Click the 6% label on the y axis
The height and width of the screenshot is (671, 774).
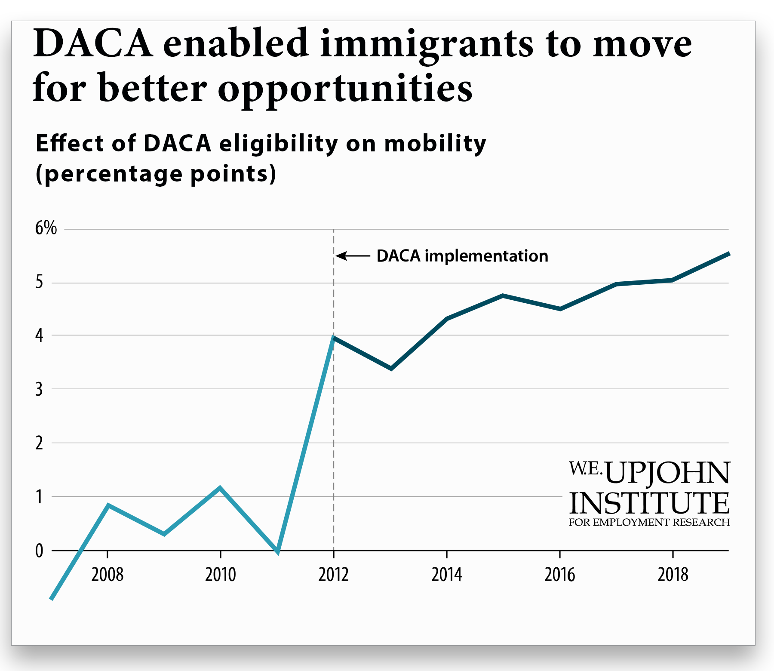pos(46,228)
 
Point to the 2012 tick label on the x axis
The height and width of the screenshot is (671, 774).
pos(333,575)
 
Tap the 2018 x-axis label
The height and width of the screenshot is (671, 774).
pos(673,575)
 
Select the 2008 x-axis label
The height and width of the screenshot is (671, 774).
pos(107,575)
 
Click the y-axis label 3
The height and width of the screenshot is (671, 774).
pos(39,389)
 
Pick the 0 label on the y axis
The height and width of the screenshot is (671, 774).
pos(39,551)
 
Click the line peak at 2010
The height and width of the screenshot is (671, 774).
pos(220,488)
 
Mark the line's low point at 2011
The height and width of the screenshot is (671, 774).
pos(278,552)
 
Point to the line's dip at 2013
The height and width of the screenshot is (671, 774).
pos(391,369)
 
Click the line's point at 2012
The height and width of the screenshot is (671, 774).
pos(334,338)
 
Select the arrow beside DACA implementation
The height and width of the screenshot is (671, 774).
pos(353,256)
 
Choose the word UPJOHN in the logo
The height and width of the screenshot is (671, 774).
pos(667,473)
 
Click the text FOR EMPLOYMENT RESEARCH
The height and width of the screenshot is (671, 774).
pos(649,523)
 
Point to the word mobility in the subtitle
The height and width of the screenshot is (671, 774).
pos(435,144)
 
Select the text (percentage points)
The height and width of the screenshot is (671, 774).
pos(156,174)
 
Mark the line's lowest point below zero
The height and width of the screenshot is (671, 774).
pos(52,598)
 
